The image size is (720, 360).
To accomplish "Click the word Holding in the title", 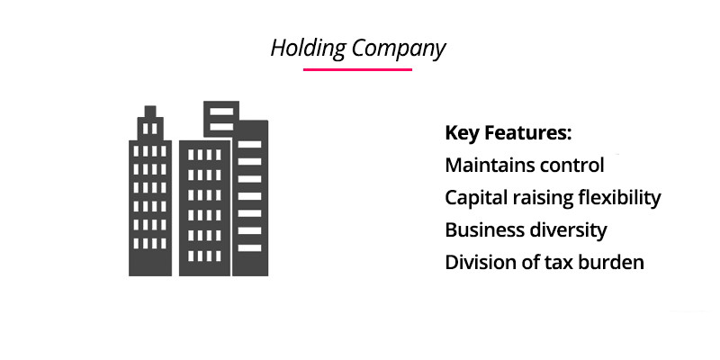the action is [308, 49].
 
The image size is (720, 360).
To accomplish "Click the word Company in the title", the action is [399, 49].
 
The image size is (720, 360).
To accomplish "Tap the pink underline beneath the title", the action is [357, 70].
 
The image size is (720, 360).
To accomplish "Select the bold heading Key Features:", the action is [508, 133].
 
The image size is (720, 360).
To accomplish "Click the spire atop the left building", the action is [150, 112].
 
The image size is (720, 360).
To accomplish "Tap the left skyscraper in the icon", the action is [150, 191].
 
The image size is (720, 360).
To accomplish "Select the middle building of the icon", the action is [204, 208].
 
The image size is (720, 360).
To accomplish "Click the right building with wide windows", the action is [250, 198].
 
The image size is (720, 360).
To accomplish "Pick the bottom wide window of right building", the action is [250, 248].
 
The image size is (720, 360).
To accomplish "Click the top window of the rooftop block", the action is [221, 112].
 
